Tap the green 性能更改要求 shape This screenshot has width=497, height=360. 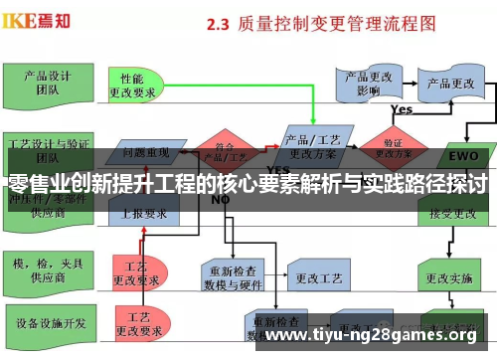click(x=137, y=85)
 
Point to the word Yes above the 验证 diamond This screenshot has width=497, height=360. click(x=402, y=109)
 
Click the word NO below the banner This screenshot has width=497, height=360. click(x=221, y=200)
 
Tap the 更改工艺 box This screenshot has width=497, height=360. click(x=315, y=273)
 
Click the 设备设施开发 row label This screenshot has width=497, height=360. click(x=42, y=323)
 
